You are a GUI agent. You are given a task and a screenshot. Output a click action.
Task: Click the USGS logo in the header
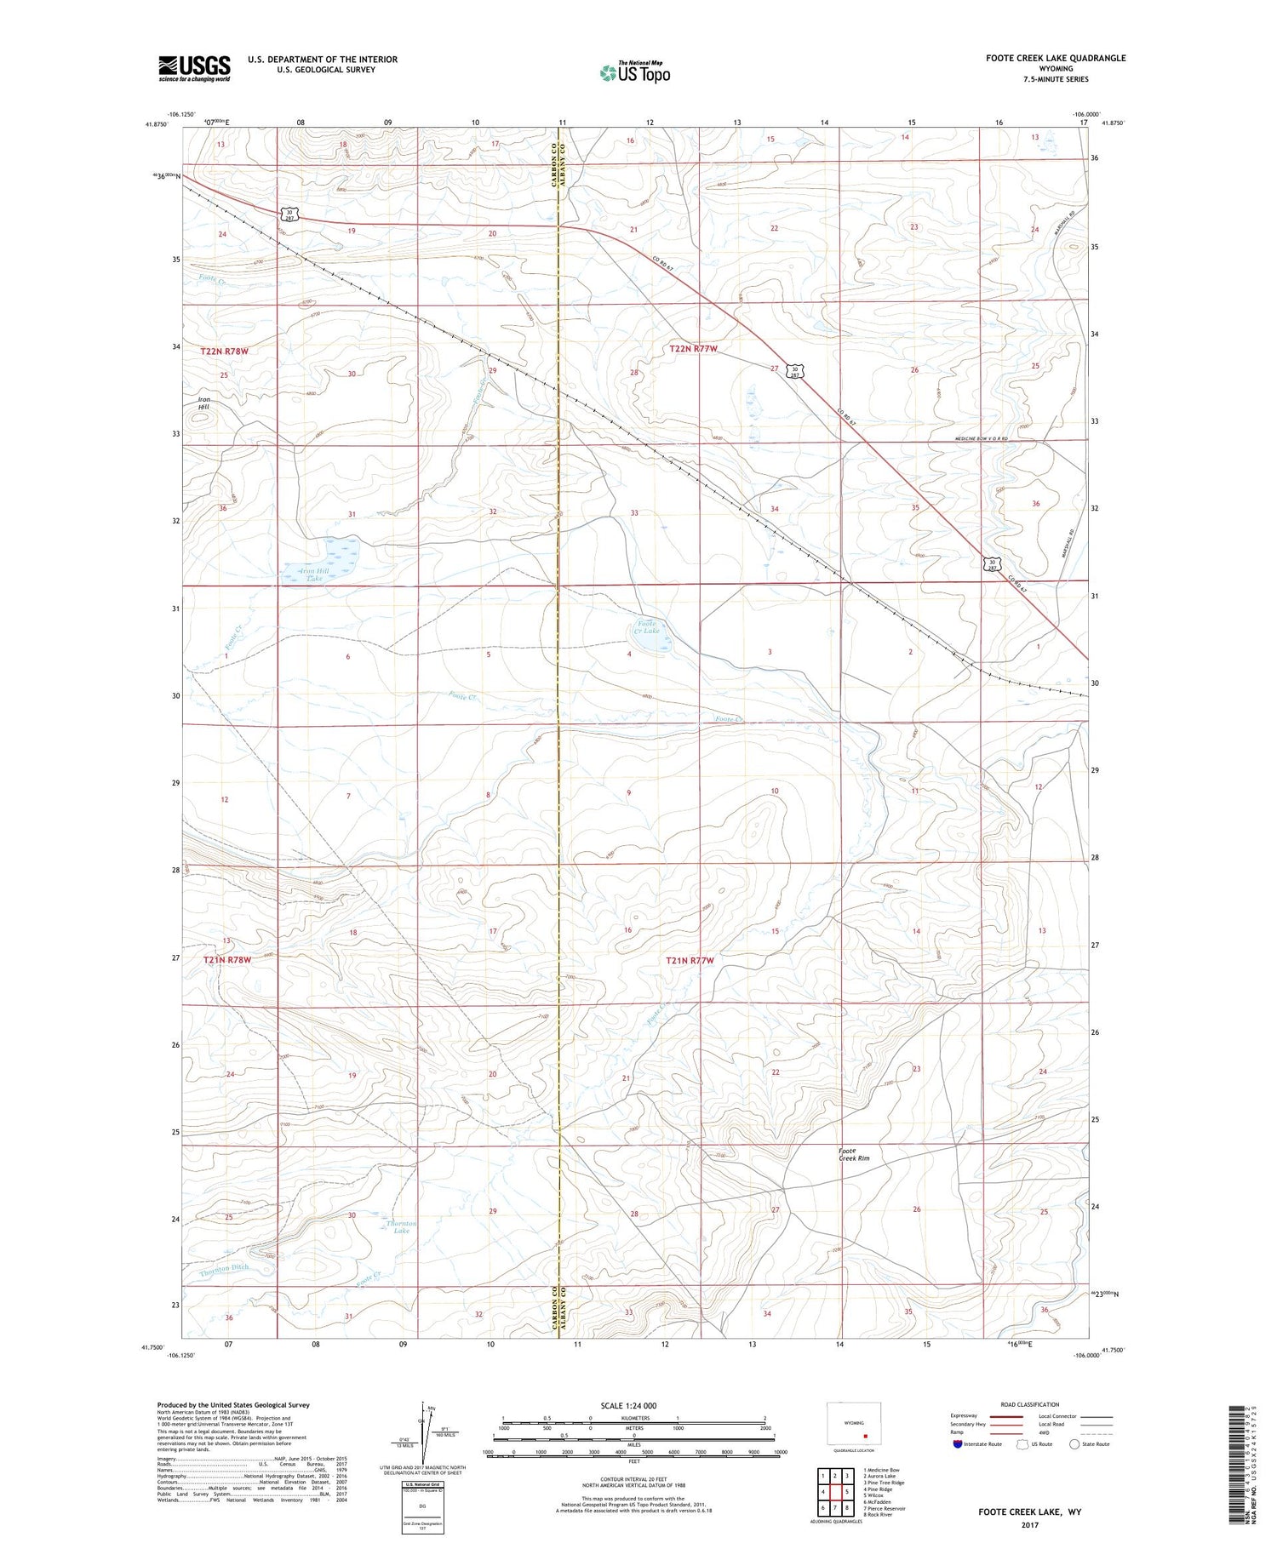pyautogui.click(x=194, y=68)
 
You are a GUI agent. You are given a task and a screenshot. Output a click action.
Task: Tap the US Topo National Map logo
pyautogui.click(x=634, y=72)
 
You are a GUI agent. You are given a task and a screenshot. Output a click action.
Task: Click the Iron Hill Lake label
pyautogui.click(x=315, y=574)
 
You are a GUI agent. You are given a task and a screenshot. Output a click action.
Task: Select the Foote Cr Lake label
pyautogui.click(x=650, y=627)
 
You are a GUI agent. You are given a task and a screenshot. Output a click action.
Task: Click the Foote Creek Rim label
pyautogui.click(x=854, y=1154)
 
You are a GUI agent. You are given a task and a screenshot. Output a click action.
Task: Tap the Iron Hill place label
pyautogui.click(x=203, y=403)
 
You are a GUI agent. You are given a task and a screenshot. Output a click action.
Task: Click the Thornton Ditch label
pyautogui.click(x=225, y=1268)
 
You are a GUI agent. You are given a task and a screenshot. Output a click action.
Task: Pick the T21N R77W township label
pyautogui.click(x=690, y=960)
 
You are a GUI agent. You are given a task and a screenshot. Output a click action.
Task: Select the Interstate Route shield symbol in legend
pyautogui.click(x=959, y=1443)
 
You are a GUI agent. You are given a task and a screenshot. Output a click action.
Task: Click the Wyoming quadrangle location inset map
pyautogui.click(x=854, y=1424)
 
